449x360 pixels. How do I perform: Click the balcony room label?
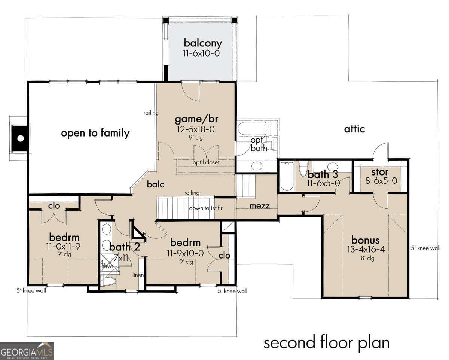pyautogui.click(x=202, y=43)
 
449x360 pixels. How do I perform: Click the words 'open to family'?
pyautogui.click(x=95, y=133)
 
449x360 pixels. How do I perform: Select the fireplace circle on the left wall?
pyautogui.click(x=21, y=138)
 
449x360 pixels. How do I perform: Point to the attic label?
pyautogui.click(x=354, y=129)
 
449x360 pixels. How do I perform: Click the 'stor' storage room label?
pyautogui.click(x=380, y=172)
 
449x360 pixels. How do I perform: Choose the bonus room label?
pyautogui.click(x=365, y=240)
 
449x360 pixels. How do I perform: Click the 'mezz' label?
pyautogui.click(x=260, y=206)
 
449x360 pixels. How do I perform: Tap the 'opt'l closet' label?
pyautogui.click(x=206, y=162)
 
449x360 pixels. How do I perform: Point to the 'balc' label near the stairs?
pyautogui.click(x=155, y=184)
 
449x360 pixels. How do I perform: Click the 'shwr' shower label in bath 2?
pyautogui.click(x=107, y=266)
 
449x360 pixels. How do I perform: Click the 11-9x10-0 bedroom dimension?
pyautogui.click(x=185, y=253)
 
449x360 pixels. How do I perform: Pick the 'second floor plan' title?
pyautogui.click(x=326, y=342)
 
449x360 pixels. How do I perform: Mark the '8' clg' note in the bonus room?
pyautogui.click(x=367, y=258)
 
